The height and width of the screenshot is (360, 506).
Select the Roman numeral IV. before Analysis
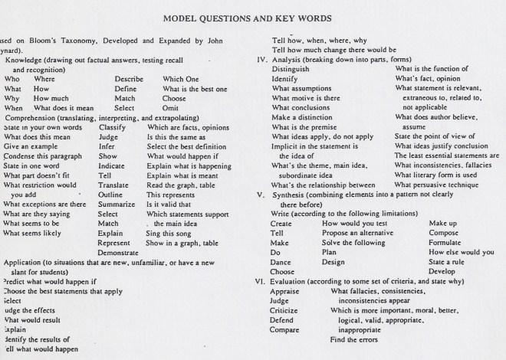pos(261,59)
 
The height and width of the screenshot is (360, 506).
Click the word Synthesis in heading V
pos(297,195)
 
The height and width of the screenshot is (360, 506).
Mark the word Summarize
pos(117,205)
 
